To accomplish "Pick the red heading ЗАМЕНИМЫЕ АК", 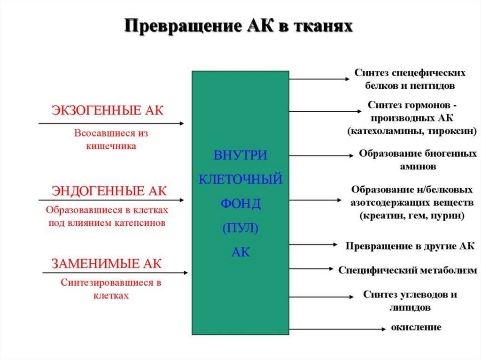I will coord(106,263).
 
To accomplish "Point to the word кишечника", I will coord(111,146).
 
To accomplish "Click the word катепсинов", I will coord(140,223).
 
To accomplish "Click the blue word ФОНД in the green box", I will coord(240,204).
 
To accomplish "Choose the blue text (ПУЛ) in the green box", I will coord(240,229).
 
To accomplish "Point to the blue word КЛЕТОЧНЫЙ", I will coord(240,179).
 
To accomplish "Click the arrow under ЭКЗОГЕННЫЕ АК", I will coord(111,123).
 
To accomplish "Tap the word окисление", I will coord(416,327).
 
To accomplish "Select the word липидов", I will coord(410,308).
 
